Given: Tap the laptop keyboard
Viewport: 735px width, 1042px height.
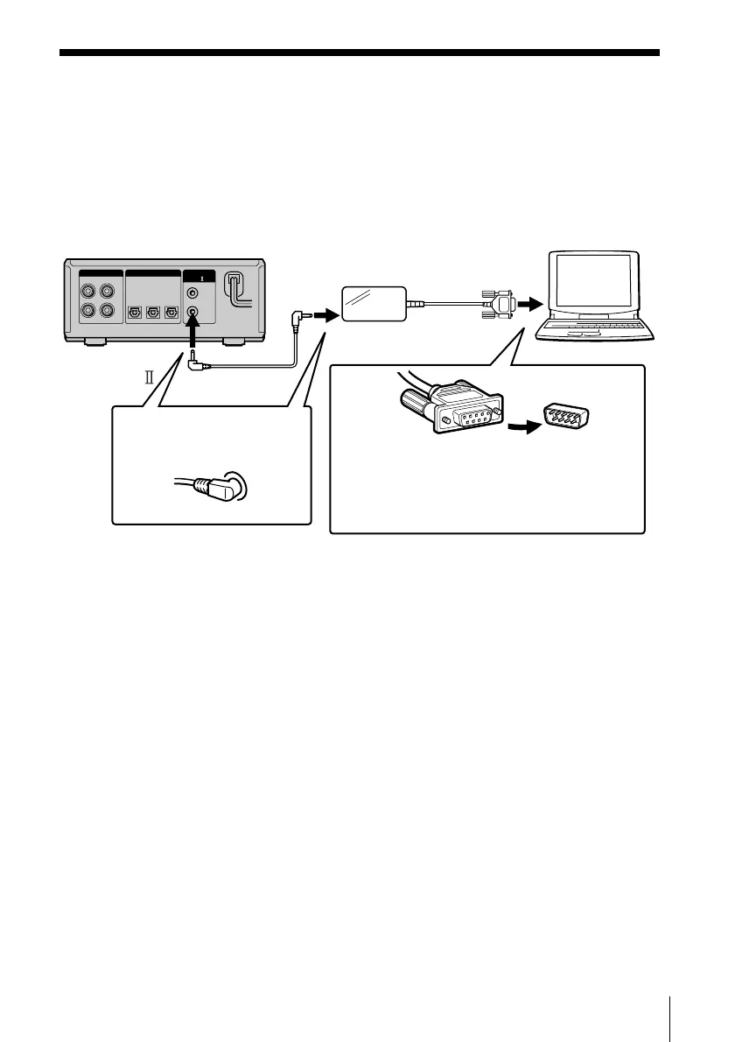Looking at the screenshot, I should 594,328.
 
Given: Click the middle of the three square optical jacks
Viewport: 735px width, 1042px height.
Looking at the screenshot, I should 153,311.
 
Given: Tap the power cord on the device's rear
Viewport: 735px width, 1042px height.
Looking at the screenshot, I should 234,289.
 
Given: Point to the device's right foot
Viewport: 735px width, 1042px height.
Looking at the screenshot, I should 234,342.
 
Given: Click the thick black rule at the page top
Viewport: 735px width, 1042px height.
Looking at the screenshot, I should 359,53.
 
